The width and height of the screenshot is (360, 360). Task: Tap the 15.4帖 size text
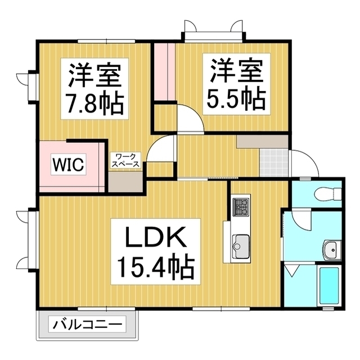[x=155, y=268]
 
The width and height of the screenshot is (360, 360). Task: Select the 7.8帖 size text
[x=94, y=102]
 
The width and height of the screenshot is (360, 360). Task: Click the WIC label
[x=69, y=165]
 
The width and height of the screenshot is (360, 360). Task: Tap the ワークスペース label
[x=125, y=159]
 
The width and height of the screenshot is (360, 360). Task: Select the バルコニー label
[x=88, y=325]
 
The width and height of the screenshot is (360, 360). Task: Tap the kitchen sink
[x=241, y=245]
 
